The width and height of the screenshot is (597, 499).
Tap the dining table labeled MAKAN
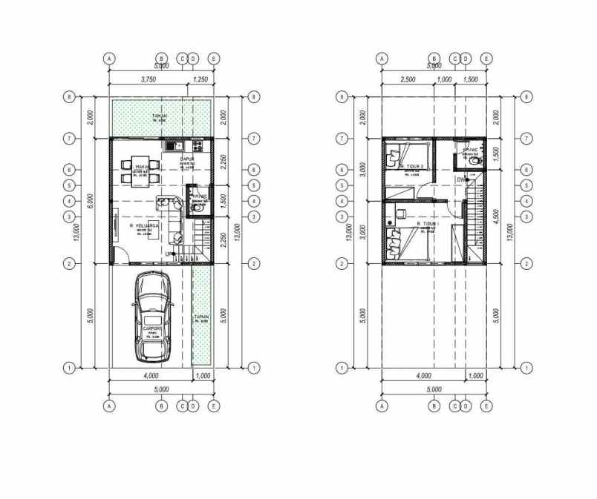tap(140, 168)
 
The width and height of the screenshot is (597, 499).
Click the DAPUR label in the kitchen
tap(186, 158)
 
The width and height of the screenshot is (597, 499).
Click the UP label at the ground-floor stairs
tap(169, 254)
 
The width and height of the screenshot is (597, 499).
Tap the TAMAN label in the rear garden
tap(159, 116)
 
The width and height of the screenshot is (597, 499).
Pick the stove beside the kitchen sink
tap(196, 144)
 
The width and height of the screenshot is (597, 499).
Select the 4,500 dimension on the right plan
tap(496, 217)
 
